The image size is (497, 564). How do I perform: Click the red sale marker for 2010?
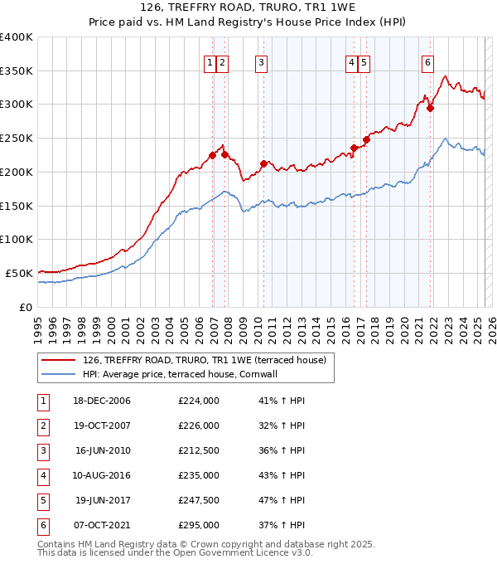[263, 163]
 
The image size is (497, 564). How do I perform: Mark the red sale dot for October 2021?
[430, 108]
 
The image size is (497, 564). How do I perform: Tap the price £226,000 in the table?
[199, 425]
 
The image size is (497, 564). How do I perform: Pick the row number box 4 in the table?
[42, 475]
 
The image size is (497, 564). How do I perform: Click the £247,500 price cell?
[199, 500]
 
